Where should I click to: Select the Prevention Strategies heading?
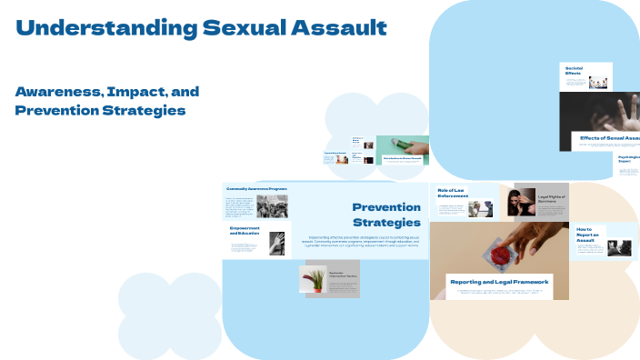(386, 215)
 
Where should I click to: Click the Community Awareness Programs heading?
(256, 189)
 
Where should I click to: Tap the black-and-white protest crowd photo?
(272, 206)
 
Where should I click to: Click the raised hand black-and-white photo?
(277, 243)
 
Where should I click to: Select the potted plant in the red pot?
(313, 279)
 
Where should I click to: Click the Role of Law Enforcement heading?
(453, 192)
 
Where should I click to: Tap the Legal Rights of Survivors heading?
(553, 199)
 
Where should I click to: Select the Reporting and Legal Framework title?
(499, 282)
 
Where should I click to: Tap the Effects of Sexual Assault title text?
(609, 138)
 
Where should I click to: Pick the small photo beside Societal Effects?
(597, 82)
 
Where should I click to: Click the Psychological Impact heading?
(628, 160)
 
